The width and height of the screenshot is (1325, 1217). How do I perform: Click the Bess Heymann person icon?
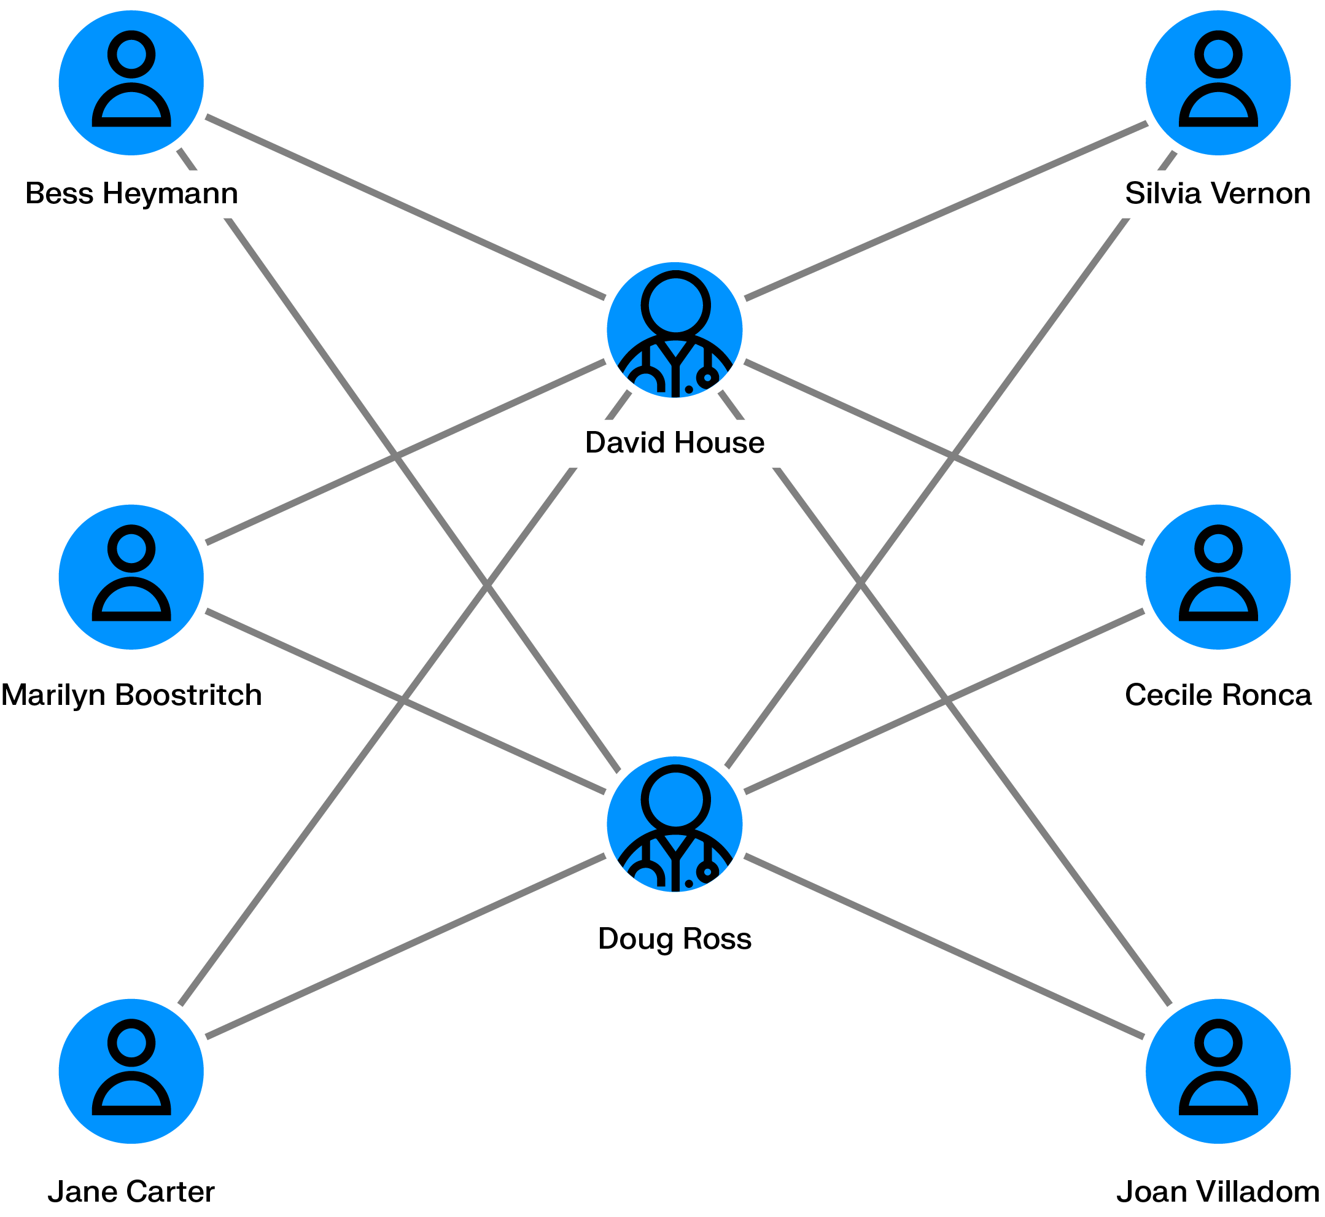[x=131, y=83]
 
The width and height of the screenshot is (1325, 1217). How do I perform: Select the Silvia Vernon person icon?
[x=1217, y=83]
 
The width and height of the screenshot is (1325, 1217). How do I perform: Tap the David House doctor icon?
[x=674, y=330]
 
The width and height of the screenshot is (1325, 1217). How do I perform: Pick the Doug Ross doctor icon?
[x=674, y=824]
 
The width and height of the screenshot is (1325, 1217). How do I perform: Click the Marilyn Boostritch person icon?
[x=131, y=577]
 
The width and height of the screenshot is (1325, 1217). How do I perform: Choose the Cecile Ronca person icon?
[x=1217, y=577]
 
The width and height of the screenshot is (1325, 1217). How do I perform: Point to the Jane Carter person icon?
[x=131, y=1071]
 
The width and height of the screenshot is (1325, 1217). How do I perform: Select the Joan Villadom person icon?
[x=1217, y=1071]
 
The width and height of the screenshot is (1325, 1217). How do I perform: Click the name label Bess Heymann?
[x=131, y=193]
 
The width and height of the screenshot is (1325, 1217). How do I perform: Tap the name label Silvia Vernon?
[x=1217, y=193]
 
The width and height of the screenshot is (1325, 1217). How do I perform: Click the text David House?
[x=674, y=443]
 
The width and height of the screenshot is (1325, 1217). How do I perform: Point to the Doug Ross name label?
[x=674, y=938]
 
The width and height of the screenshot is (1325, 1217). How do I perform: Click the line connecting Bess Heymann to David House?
[x=405, y=208]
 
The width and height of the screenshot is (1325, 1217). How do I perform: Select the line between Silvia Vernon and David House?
[x=946, y=211]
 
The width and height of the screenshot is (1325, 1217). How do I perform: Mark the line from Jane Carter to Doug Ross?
[x=405, y=946]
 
